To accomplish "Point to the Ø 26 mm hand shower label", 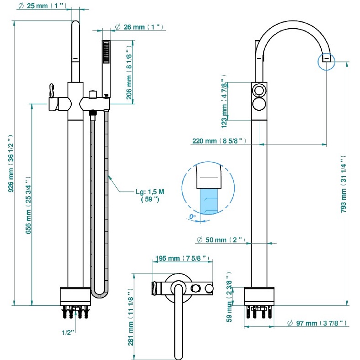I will (x=139, y=27).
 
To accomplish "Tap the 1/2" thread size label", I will (x=69, y=333).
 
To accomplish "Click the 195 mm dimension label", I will (x=181, y=258).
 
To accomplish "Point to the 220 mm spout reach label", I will (x=219, y=141).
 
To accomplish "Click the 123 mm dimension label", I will (x=224, y=102).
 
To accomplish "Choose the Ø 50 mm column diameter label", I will (x=221, y=240).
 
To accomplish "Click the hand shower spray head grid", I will (x=106, y=52).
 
